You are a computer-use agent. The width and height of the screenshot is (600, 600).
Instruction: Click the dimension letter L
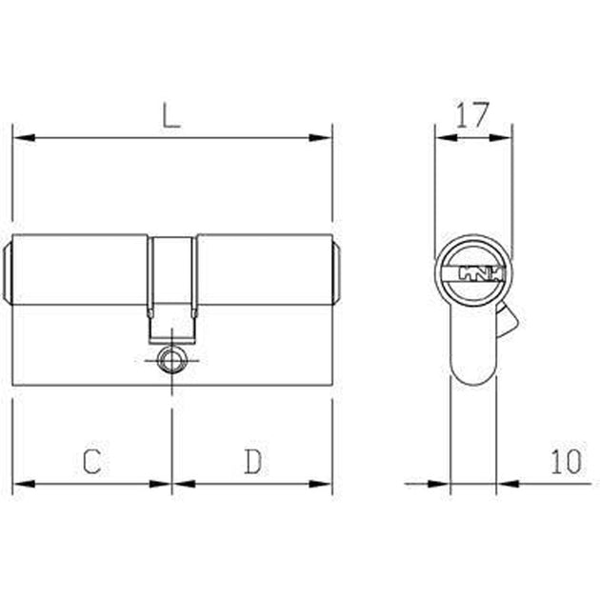(170, 115)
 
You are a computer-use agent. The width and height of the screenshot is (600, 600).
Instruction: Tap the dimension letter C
(91, 461)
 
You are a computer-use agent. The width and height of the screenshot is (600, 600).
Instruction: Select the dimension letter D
(253, 461)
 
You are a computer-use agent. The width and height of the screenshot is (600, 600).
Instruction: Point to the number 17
(472, 115)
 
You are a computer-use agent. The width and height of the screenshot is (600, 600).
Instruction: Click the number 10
(566, 462)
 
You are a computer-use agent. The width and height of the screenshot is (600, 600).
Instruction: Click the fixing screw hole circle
(171, 360)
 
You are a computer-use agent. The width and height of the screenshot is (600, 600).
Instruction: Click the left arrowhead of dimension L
(24, 137)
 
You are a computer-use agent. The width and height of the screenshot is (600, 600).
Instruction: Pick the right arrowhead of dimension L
(320, 137)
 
